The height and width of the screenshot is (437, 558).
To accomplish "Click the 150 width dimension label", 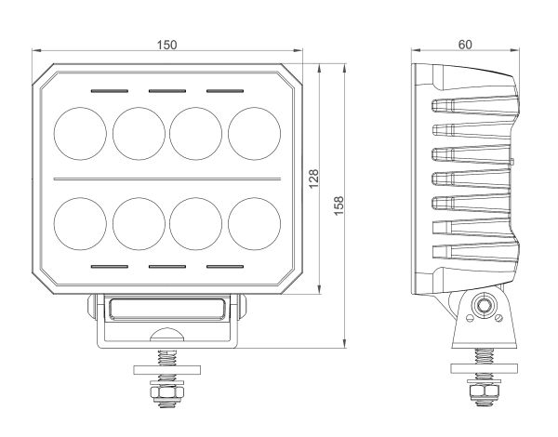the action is pyautogui.click(x=166, y=45).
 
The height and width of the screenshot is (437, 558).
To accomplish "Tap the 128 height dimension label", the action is pyautogui.click(x=313, y=179).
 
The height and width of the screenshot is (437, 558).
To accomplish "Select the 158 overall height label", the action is pyautogui.click(x=339, y=205).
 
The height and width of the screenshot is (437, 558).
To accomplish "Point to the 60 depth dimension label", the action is pyautogui.click(x=465, y=45).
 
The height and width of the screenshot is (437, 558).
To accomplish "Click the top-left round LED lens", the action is pyautogui.click(x=80, y=134).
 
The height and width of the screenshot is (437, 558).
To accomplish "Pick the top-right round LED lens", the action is pyautogui.click(x=254, y=134).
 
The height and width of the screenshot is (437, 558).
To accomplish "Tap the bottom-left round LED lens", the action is pyautogui.click(x=80, y=224).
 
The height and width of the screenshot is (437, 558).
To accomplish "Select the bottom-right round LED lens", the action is pyautogui.click(x=254, y=224).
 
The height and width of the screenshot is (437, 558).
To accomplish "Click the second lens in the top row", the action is pyautogui.click(x=139, y=134).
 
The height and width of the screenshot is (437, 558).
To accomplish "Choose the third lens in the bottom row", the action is pyautogui.click(x=195, y=224).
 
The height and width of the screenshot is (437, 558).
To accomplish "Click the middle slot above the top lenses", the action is pyautogui.click(x=167, y=91).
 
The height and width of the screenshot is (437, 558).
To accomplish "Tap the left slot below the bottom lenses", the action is pyautogui.click(x=109, y=267).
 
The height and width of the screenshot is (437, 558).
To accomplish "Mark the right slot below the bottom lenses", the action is pyautogui.click(x=225, y=267).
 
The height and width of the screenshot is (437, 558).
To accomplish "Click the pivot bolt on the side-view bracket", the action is pyautogui.click(x=484, y=305).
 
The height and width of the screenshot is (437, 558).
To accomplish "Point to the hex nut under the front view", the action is pyautogui.click(x=167, y=392).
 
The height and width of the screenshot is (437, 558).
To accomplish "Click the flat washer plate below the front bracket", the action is pyautogui.click(x=166, y=370).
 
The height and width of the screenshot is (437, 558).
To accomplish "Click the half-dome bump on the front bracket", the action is pyautogui.click(x=166, y=334).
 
